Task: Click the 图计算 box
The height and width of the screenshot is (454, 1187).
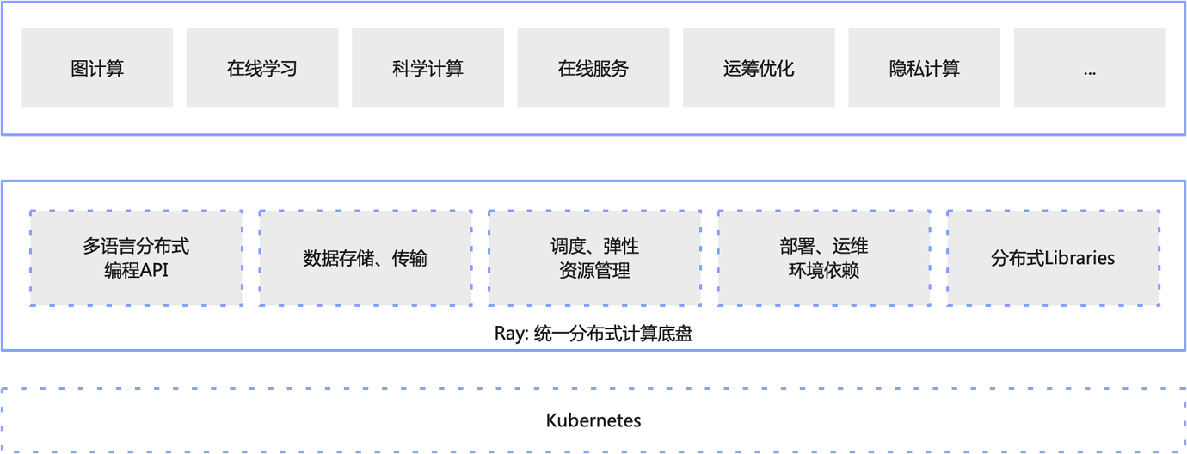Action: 97,68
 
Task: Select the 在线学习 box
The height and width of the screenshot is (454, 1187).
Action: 262,68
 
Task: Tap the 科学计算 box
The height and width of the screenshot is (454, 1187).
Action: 427,68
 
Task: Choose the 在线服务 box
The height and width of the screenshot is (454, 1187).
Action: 593,68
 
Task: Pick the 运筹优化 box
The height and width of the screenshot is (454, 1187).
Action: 759,68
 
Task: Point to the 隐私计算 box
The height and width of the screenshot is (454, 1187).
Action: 924,68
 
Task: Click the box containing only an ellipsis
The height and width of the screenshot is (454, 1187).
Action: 1090,68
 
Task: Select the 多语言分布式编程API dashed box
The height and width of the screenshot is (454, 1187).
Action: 136,258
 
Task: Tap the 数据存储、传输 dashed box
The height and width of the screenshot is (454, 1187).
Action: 366,258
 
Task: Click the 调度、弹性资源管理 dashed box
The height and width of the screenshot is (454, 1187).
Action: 595,258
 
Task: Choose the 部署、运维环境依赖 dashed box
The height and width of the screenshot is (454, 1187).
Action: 824,258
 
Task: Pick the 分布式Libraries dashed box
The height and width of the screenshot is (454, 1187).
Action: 1054,258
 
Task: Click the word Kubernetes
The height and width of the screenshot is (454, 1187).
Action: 593,420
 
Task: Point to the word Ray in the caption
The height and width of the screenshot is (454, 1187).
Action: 509,334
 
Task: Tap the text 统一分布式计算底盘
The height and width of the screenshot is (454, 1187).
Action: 613,334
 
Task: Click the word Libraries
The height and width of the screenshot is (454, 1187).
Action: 1079,258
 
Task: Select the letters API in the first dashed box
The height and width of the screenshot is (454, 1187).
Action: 153,270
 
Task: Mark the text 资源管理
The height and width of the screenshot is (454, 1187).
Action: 594,270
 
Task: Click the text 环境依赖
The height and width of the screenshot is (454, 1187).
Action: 824,270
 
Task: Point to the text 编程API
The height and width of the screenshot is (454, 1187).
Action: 136,270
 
